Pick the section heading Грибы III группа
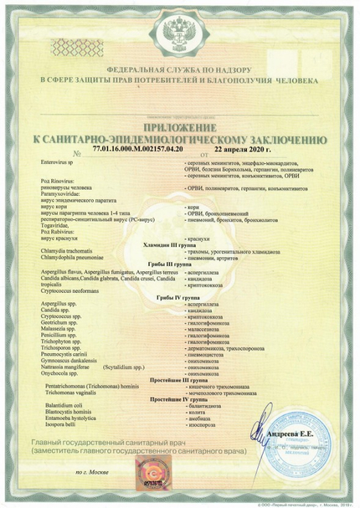click(x=179, y=263)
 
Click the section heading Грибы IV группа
click(x=178, y=297)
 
